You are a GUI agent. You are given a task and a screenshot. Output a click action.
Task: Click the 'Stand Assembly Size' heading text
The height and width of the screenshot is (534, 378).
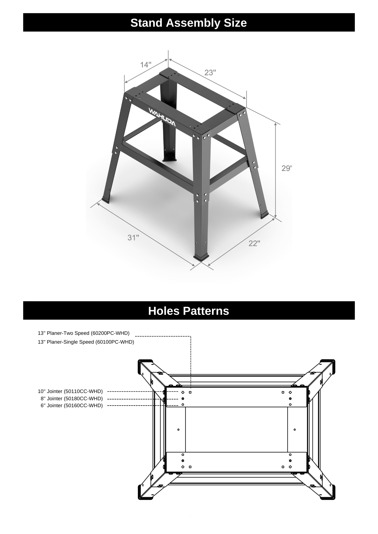pyautogui.click(x=188, y=23)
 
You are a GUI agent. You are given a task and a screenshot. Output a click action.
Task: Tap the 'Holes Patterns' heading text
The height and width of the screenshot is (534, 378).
pyautogui.click(x=188, y=311)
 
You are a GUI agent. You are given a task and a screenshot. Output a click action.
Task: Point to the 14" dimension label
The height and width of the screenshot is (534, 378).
pyautogui.click(x=146, y=65)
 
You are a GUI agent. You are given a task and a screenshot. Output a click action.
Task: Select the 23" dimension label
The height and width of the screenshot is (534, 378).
pyautogui.click(x=210, y=72)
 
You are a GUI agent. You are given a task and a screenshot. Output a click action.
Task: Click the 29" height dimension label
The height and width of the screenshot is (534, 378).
pyautogui.click(x=287, y=168)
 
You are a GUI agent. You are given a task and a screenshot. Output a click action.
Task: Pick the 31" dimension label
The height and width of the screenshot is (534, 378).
pyautogui.click(x=133, y=238)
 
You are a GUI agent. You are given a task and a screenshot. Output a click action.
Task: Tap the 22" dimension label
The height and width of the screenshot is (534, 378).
pyautogui.click(x=254, y=243)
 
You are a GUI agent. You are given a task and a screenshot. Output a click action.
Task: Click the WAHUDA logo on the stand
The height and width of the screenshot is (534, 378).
pyautogui.click(x=162, y=117)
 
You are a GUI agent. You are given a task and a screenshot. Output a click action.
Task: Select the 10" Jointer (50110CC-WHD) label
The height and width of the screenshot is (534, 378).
pyautogui.click(x=70, y=391)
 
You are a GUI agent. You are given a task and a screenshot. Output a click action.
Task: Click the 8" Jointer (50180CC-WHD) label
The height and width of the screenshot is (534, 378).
pyautogui.click(x=72, y=398)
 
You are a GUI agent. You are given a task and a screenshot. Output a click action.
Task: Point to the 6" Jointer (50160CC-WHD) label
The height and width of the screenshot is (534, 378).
pyautogui.click(x=72, y=405)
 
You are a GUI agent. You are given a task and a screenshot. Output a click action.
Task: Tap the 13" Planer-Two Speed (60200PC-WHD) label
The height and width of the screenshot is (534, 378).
pyautogui.click(x=84, y=333)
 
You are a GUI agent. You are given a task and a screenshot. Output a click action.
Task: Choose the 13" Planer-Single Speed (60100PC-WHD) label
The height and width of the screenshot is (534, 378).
pyautogui.click(x=86, y=342)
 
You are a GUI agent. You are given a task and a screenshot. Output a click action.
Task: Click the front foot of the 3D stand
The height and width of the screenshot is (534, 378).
pyautogui.click(x=201, y=257)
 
